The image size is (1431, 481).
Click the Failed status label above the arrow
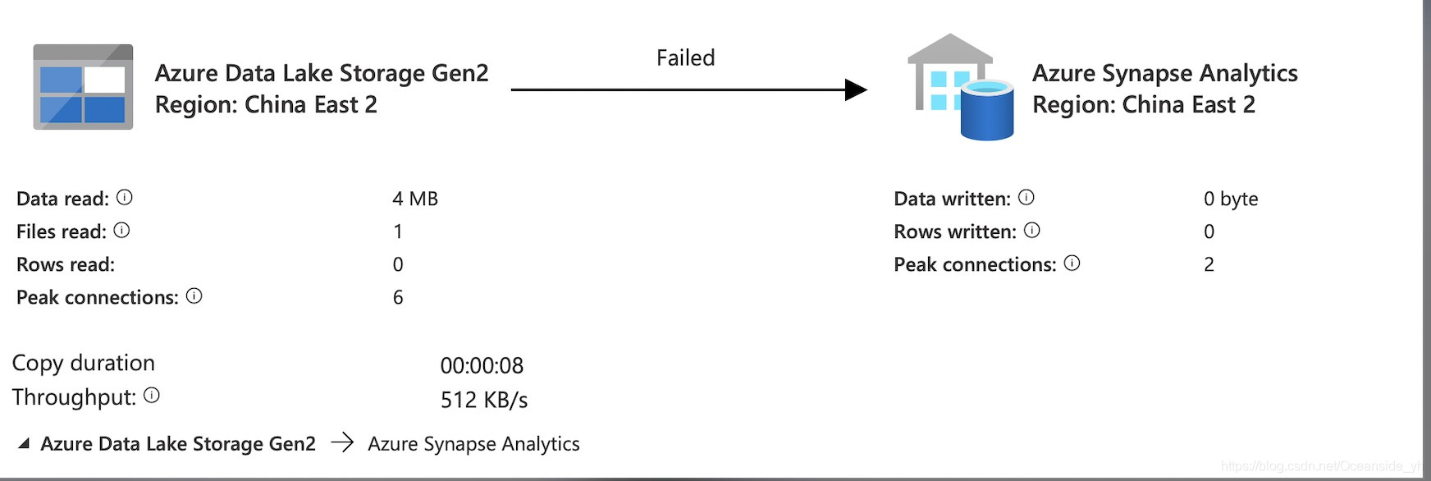[685, 58]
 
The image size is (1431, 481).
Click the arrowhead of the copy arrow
[856, 89]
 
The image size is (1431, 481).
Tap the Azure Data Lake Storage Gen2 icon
[83, 87]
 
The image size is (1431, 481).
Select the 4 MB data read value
[414, 199]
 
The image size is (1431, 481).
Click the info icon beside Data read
[125, 198]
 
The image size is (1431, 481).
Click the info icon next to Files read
[121, 231]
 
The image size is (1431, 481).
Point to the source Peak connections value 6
[398, 297]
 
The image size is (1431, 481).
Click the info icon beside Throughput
[152, 396]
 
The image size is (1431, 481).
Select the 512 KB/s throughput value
[483, 400]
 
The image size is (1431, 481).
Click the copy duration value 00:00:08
[482, 365]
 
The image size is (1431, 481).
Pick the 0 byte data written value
[1230, 199]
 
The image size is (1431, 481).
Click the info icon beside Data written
[1026, 198]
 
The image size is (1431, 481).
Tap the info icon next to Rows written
[1032, 231]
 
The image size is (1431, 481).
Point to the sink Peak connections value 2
[1209, 264]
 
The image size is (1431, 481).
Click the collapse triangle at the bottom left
[24, 444]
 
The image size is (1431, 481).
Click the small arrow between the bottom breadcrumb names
[342, 443]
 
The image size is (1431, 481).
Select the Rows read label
[66, 264]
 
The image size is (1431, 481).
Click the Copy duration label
[84, 363]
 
